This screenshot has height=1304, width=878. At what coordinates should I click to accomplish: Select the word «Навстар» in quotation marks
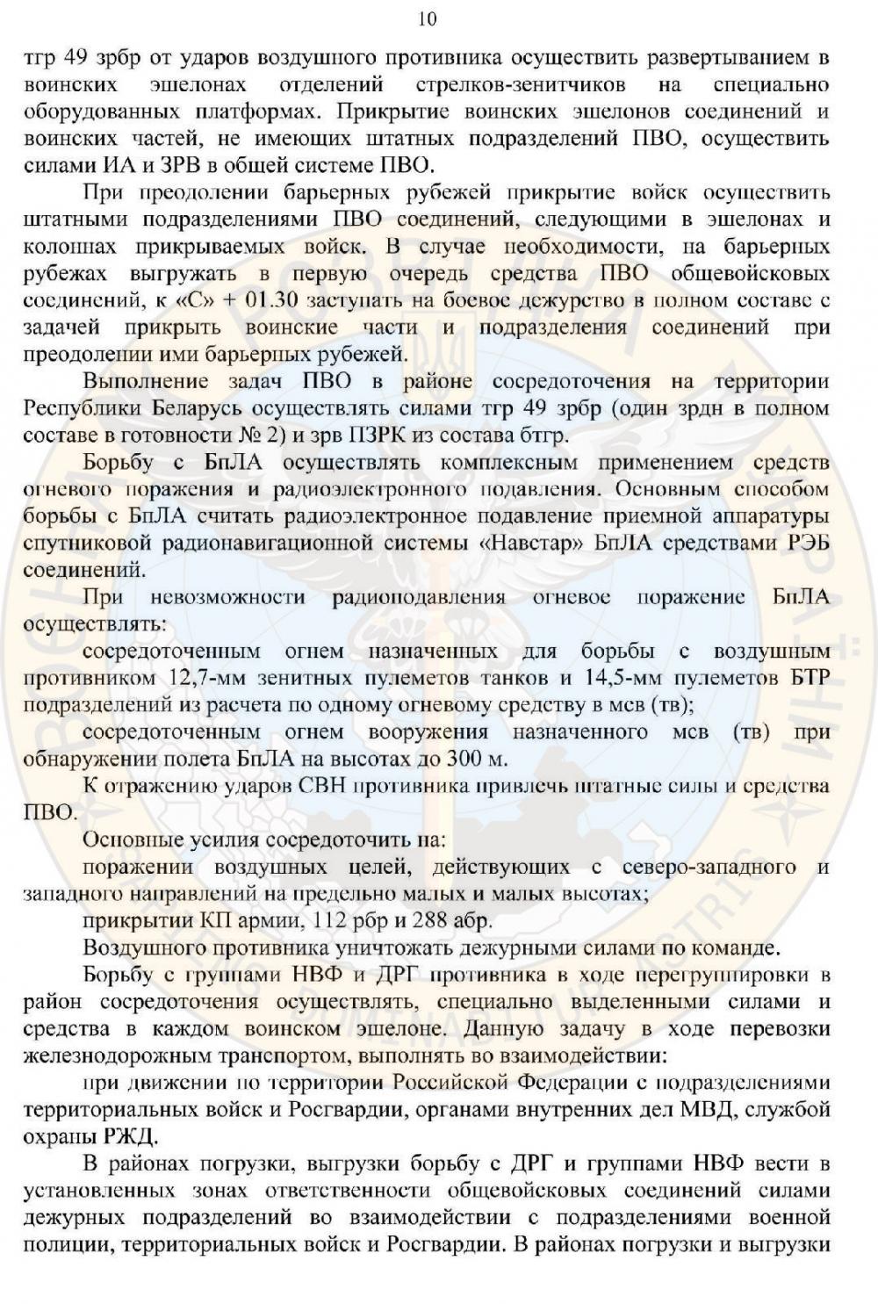click(531, 543)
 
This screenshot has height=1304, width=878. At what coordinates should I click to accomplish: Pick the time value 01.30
click(275, 300)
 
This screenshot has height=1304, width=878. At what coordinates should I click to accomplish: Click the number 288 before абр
click(440, 921)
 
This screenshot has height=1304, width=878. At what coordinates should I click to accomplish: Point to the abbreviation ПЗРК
click(399, 435)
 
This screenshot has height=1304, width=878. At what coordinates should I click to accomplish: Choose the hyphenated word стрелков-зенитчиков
click(514, 84)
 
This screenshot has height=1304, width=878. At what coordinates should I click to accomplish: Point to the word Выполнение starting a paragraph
click(146, 381)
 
